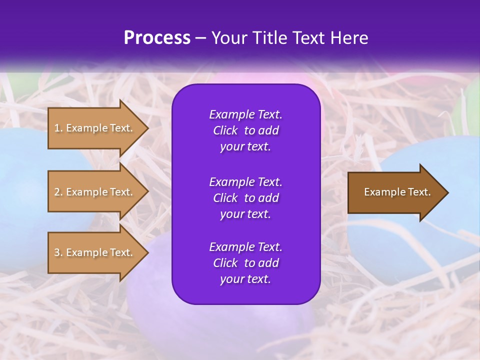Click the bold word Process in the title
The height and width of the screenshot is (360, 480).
click(157, 38)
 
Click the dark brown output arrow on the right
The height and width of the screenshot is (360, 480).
click(395, 192)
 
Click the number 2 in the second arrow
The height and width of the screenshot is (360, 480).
click(57, 192)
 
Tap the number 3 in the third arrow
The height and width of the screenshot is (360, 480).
click(57, 252)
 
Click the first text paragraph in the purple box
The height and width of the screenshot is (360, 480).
click(245, 130)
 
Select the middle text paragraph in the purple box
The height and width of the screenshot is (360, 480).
click(245, 198)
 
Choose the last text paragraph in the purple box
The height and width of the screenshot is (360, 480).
click(245, 263)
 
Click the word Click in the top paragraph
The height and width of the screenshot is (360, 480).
click(225, 130)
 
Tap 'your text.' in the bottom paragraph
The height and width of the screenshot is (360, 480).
click(245, 279)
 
